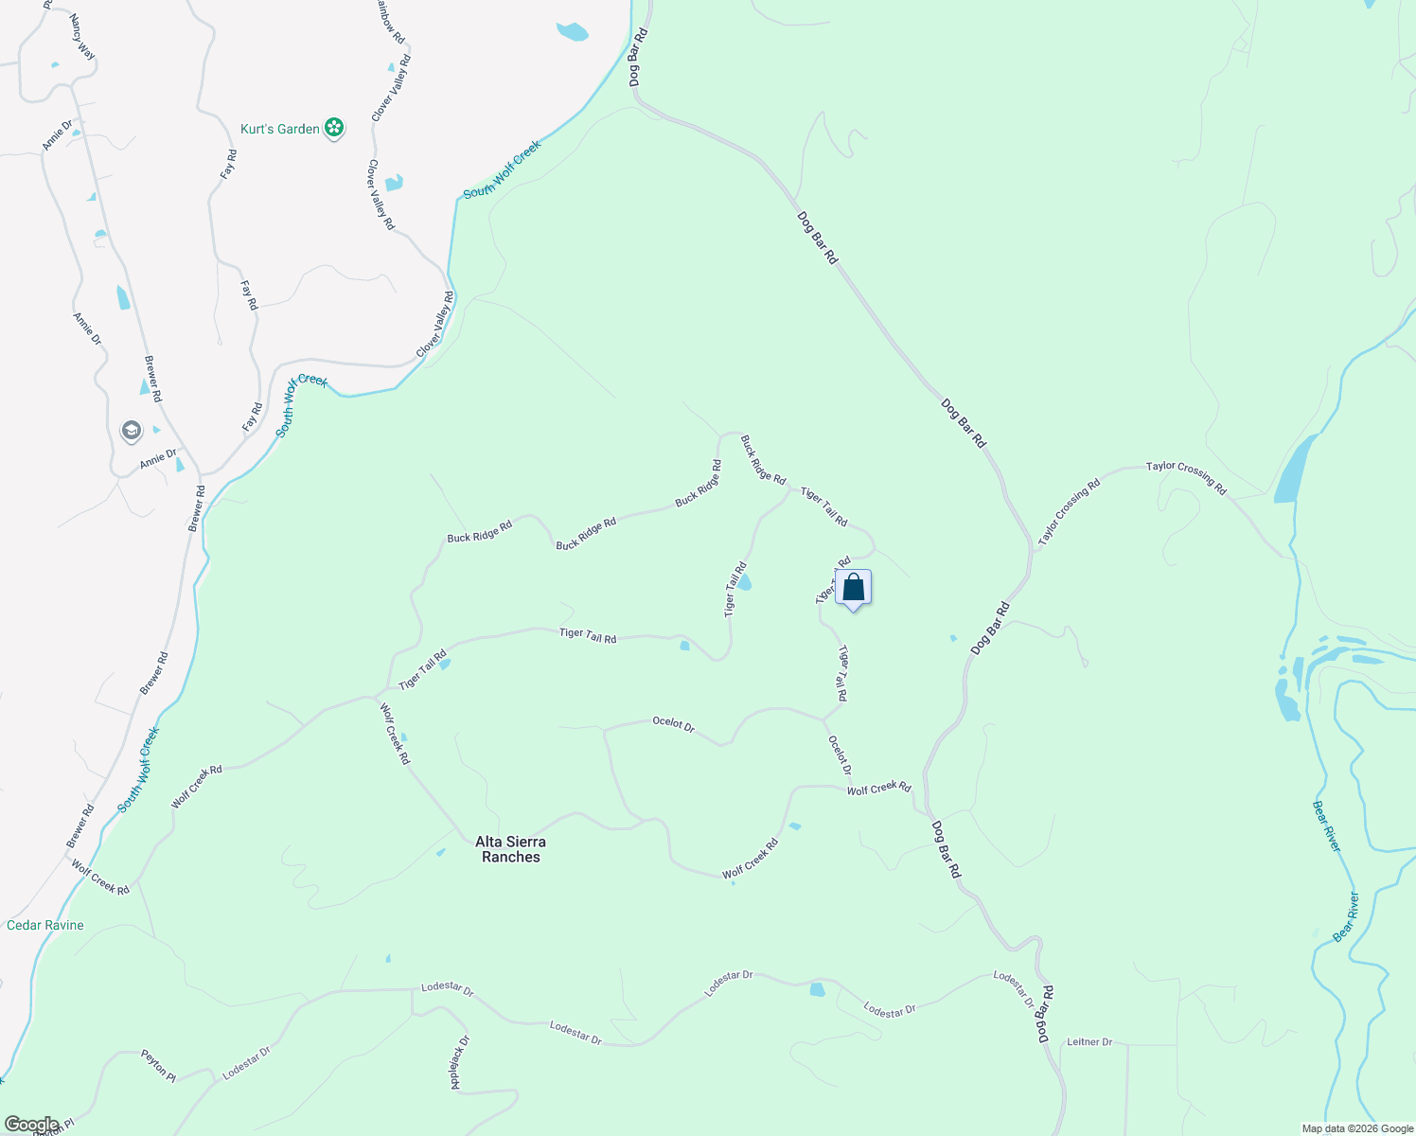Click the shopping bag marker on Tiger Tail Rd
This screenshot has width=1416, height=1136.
pos(853,588)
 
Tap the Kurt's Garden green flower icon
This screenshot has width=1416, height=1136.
pos(333,128)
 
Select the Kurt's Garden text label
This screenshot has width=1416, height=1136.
pos(280,129)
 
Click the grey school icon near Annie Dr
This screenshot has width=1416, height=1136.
pos(132,432)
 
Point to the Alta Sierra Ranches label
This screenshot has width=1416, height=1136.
pos(510,849)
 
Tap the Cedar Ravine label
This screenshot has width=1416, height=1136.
pos(45,925)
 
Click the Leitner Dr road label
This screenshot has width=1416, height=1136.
pos(1089,1041)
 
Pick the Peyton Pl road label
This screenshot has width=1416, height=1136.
pos(159,1065)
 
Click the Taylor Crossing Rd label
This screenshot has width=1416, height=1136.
pos(1186,478)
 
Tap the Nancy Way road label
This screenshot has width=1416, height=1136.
pos(82,37)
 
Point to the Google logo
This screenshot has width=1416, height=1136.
pos(31,1125)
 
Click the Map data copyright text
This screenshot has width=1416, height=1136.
pos(1356,1128)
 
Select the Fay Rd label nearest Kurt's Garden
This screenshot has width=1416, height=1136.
pos(228,166)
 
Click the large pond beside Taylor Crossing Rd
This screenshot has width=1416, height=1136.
pos(1294,470)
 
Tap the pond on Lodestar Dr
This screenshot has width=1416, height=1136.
pos(817,990)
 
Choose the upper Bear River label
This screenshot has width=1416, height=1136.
pos(1326,825)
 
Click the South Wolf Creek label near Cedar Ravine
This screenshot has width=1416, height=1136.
pos(138,770)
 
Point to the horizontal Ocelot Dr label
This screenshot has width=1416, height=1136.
pos(674,724)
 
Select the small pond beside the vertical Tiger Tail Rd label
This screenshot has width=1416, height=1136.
pos(744,582)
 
